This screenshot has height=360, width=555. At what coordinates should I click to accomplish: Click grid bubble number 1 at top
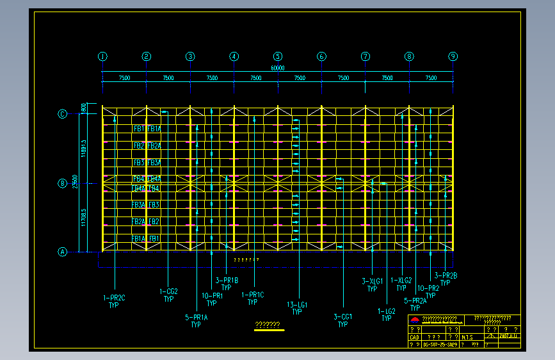click(102, 56)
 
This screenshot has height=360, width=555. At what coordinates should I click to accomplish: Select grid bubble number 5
click(278, 56)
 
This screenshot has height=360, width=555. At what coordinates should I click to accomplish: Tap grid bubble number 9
click(453, 56)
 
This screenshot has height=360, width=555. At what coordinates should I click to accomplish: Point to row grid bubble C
click(63, 114)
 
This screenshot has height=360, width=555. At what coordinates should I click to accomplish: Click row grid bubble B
click(63, 183)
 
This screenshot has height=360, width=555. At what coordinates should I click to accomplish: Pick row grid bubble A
click(63, 252)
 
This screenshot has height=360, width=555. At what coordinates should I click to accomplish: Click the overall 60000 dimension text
click(278, 68)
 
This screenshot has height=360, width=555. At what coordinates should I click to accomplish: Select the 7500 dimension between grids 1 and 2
click(124, 78)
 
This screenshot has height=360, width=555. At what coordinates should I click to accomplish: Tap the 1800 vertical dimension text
click(83, 108)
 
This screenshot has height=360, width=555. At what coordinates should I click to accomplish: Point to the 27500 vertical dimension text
click(76, 182)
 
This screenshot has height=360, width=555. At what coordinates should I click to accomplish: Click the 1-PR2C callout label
click(114, 298)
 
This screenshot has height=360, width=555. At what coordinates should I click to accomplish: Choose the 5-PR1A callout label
click(196, 317)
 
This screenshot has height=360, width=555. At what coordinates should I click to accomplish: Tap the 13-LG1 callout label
click(297, 305)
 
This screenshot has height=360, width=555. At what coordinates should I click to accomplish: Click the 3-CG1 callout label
click(343, 317)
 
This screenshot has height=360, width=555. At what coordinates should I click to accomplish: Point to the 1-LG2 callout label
click(387, 311)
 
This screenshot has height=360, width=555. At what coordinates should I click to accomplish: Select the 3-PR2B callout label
click(446, 276)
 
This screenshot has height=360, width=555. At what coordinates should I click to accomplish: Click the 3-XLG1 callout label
click(372, 281)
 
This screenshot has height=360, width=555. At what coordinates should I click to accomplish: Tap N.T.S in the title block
click(468, 336)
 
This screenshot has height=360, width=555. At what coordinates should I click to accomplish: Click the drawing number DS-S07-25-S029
click(440, 344)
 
